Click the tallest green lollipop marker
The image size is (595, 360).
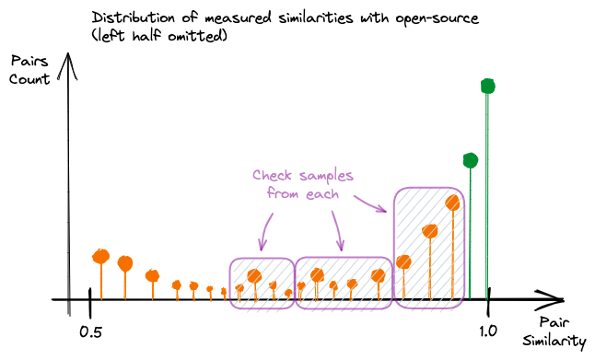click(x=487, y=87)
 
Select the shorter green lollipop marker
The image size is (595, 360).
click(x=471, y=160)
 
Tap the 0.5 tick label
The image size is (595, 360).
click(x=90, y=332)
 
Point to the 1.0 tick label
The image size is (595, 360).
click(x=487, y=331)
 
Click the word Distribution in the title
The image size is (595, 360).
click(x=134, y=17)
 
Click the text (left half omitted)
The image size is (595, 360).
click(x=159, y=36)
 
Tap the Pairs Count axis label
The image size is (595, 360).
click(x=29, y=70)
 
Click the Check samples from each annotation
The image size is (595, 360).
click(x=303, y=185)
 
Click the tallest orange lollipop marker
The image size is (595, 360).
click(x=452, y=203)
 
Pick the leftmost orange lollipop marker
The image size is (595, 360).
click(x=101, y=257)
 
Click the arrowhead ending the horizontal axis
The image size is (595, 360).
click(x=550, y=299)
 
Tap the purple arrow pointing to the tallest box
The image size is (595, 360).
click(x=370, y=204)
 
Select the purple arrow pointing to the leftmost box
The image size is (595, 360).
click(x=265, y=232)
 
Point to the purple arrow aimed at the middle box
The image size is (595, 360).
click(x=338, y=231)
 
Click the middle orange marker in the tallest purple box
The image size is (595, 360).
click(x=430, y=231)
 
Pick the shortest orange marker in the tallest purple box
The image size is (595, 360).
click(x=403, y=261)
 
